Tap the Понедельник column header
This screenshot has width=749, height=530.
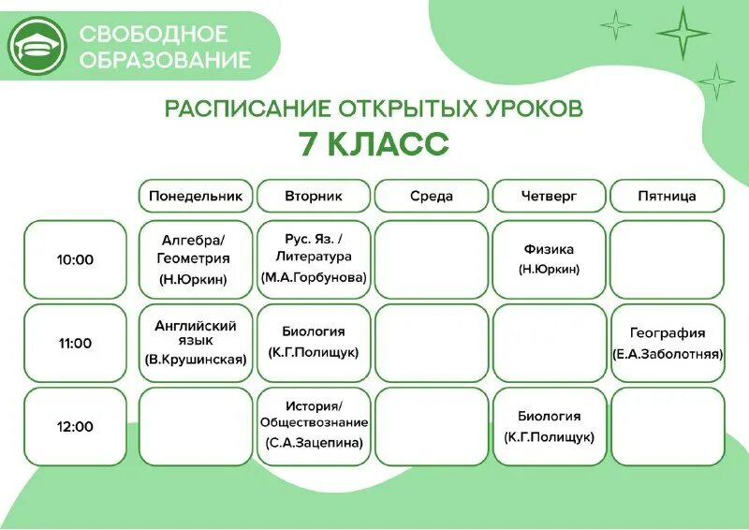click(x=196, y=196)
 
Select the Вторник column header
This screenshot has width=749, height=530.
click(x=314, y=196)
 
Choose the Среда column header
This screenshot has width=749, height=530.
click(x=432, y=196)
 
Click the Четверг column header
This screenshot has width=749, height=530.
click(x=550, y=196)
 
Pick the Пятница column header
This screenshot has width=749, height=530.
click(x=667, y=196)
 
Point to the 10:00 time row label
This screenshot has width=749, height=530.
click(x=75, y=259)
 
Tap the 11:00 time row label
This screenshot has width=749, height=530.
click(x=75, y=343)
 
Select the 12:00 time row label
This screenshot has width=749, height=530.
click(x=75, y=426)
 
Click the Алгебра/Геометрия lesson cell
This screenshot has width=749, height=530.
click(x=196, y=259)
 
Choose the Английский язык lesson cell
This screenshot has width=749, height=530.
click(x=196, y=343)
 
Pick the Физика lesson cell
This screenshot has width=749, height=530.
click(x=550, y=259)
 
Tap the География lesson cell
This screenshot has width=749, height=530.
click(x=667, y=343)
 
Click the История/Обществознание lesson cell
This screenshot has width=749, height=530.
click(x=314, y=426)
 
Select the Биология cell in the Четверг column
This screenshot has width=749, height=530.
click(x=550, y=426)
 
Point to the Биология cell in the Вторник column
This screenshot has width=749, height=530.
click(x=314, y=343)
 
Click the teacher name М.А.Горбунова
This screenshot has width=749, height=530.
click(x=314, y=277)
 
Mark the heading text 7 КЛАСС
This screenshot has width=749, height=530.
click(x=374, y=145)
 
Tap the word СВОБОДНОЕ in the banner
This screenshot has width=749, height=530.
click(x=154, y=35)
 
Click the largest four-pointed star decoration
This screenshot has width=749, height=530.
click(x=683, y=34)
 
